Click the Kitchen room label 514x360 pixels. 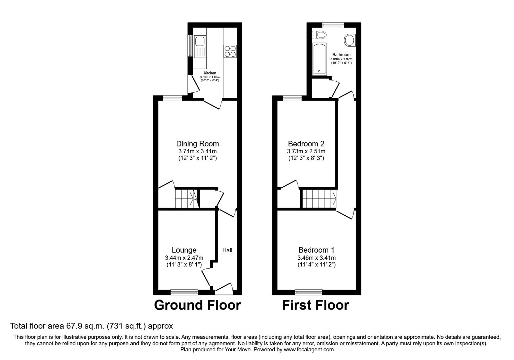tap(210, 73)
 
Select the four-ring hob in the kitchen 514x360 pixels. tap(230, 51)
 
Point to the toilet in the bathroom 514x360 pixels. tap(319, 35)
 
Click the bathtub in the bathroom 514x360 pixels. tap(319, 59)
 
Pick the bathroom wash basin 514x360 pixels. tap(350, 40)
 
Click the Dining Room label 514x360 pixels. tap(197, 144)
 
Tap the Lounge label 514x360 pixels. tap(184, 250)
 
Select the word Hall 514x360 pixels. tap(227, 250)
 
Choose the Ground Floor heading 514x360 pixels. tap(197, 305)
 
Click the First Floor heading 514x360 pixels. tap(315, 305)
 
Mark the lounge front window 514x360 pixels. tap(184, 292)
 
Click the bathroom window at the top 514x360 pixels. tap(333, 25)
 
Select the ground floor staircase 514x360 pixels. tap(187, 198)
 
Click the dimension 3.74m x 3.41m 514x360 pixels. tap(197, 151)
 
